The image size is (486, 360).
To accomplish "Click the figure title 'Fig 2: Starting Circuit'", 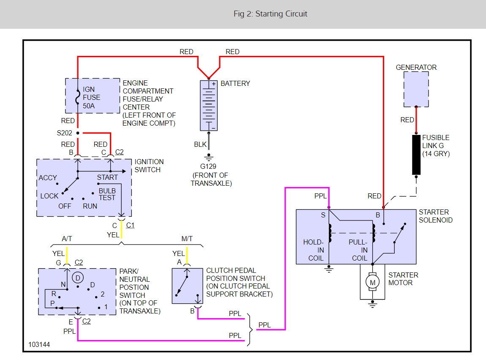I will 270,14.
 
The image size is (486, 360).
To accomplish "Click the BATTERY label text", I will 235,83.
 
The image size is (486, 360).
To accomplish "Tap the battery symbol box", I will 208,105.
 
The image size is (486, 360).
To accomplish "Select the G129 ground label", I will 209,166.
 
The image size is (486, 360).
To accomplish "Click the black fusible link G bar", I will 416,155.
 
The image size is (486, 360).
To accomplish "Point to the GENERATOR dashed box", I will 416,89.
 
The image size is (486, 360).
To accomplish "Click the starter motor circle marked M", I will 372,282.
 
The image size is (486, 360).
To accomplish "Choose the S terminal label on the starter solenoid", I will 323,215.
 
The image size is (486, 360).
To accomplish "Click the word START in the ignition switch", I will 107,178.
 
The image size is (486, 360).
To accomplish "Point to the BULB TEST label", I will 107,194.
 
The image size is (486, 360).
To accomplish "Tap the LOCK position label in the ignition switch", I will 49,196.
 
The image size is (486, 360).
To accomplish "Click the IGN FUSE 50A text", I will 92,97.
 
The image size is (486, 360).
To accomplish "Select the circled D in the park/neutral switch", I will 77,278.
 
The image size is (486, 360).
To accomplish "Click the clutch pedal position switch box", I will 187,286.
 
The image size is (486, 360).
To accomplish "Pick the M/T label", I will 187,239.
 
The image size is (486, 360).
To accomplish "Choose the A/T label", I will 67,239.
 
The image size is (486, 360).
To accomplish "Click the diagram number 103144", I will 39,345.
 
